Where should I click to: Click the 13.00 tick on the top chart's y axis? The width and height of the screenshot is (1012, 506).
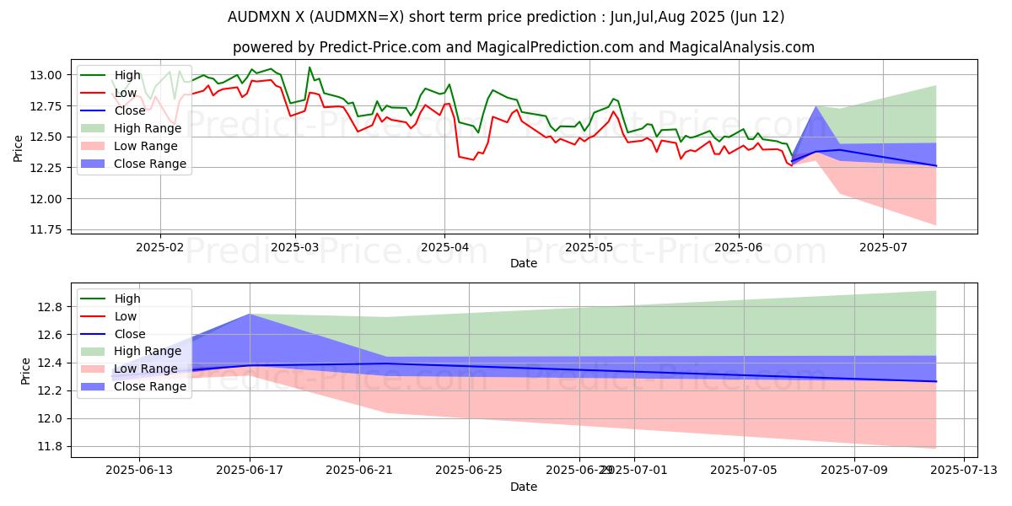pyautogui.click(x=48, y=75)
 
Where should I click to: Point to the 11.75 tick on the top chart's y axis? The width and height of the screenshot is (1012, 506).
pyautogui.click(x=48, y=229)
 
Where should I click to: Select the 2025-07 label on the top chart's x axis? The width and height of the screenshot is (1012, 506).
pyautogui.click(x=883, y=247)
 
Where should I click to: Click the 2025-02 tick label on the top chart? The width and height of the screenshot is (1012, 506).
pyautogui.click(x=159, y=247)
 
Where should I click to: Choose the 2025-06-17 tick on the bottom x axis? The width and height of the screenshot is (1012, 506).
pyautogui.click(x=250, y=471)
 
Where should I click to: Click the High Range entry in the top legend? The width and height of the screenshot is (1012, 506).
pyautogui.click(x=143, y=127)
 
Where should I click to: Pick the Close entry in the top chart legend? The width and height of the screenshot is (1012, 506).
pyautogui.click(x=130, y=110)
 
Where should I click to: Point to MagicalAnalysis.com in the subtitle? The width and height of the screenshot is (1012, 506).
pyautogui.click(x=742, y=47)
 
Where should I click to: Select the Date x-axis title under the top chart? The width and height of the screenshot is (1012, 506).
pyautogui.click(x=524, y=263)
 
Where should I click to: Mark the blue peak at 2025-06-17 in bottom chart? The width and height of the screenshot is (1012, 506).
pyautogui.click(x=250, y=314)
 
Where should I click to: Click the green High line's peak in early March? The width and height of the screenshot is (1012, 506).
pyautogui.click(x=310, y=67)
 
